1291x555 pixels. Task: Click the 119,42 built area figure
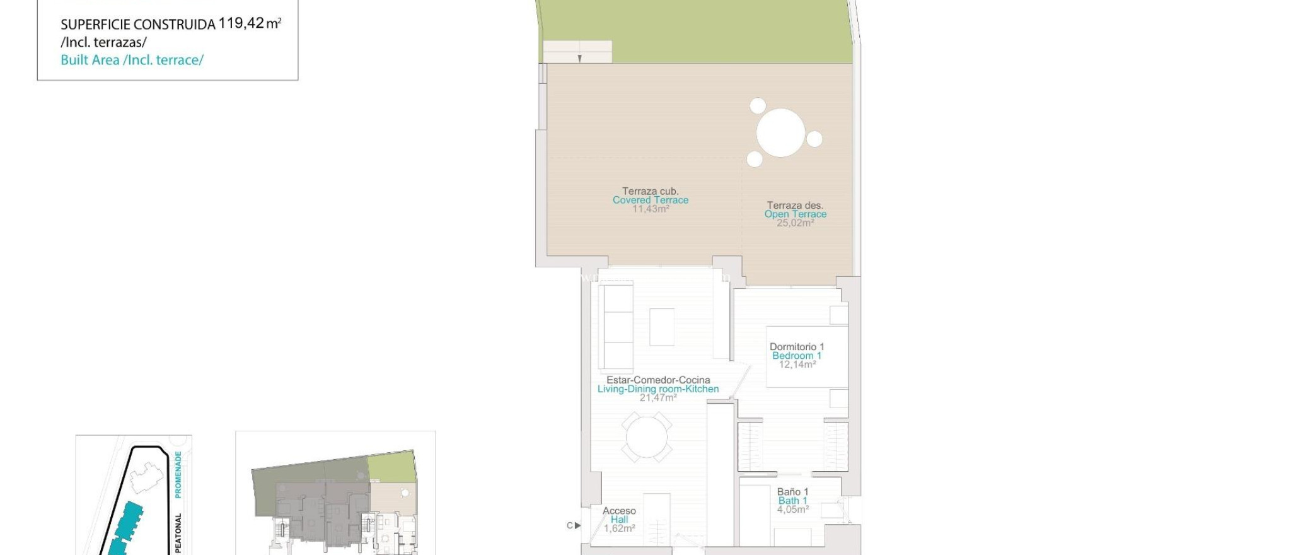pos(241,23)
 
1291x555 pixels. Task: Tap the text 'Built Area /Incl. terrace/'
pos(132,60)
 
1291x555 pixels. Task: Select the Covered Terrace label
pos(650,200)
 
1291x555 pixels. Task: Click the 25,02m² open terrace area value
pos(795,223)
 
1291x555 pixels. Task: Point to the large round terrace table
pos(780,132)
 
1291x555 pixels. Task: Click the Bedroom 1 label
pos(796,356)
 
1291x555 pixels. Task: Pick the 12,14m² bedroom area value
pos(797,365)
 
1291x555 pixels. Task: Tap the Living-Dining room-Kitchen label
pos(657,389)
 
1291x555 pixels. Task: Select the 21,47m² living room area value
pos(657,398)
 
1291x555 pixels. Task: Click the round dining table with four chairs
pos(646,437)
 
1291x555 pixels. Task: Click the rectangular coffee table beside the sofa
pos(661,327)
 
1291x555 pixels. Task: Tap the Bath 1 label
pos(792,501)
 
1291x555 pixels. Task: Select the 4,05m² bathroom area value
pos(792,510)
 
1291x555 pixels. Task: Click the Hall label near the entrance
pos(618,520)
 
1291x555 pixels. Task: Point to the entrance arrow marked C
pos(574,525)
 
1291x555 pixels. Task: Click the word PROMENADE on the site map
pos(178,474)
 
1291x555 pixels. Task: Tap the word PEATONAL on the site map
pos(178,534)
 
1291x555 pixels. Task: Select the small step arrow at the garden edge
pos(579,59)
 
